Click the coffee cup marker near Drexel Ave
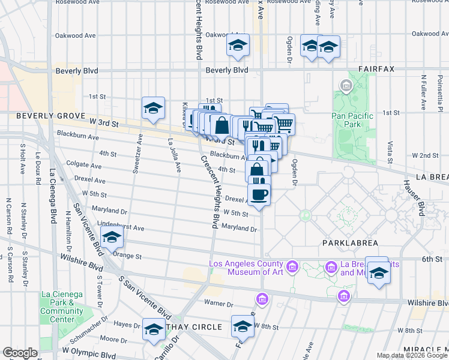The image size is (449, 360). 259,194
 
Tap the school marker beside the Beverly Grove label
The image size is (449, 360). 154,109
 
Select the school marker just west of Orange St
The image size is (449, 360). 111,238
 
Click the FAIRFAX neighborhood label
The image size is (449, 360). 376,69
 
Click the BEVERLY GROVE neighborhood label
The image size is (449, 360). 44,115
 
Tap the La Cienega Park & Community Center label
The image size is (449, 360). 62,307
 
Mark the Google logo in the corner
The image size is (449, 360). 19,353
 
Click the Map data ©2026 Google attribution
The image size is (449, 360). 412,355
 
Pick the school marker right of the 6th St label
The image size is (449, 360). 378,273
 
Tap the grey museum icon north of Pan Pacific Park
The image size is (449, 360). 346,86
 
